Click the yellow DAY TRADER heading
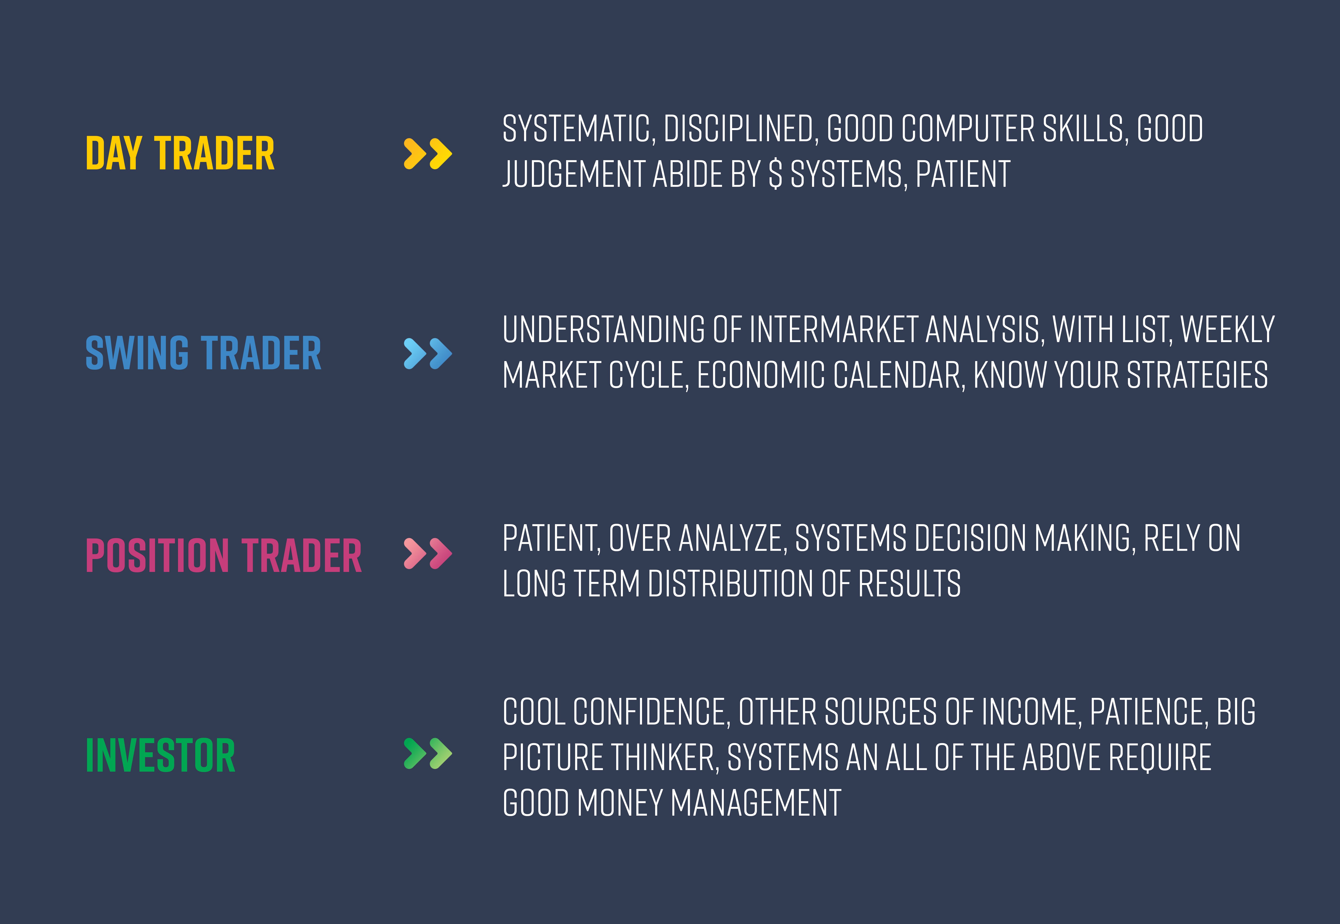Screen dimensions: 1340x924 click(x=180, y=153)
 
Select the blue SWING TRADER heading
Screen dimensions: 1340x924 click(x=203, y=353)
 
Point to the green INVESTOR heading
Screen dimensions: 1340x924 click(x=160, y=756)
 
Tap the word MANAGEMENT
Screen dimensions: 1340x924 click(x=756, y=803)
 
